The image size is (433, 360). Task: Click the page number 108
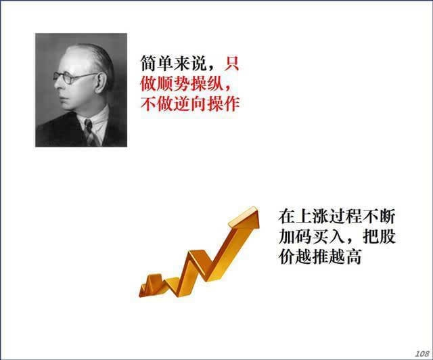tap(422, 353)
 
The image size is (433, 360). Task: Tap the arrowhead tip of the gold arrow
tap(257, 207)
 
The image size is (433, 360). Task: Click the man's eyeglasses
tap(73, 77)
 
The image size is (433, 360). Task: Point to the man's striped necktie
tap(91, 133)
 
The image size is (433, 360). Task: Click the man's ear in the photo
tap(100, 83)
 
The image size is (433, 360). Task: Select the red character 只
tap(231, 63)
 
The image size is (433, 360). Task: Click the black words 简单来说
tap(173, 63)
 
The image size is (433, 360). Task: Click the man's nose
tap(58, 84)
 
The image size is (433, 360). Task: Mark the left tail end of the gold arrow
tap(140, 294)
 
